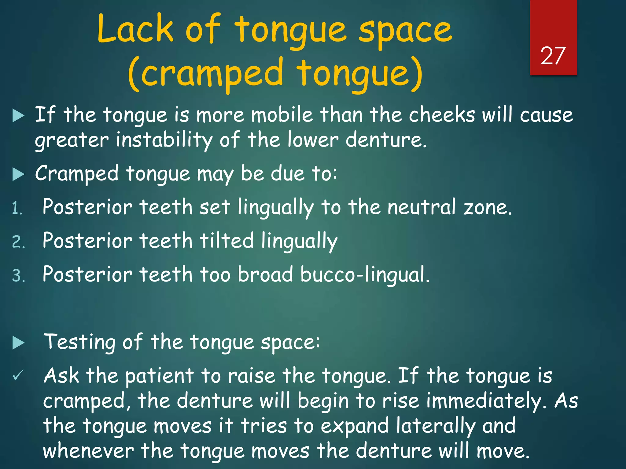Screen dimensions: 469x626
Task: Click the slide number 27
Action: [x=553, y=56]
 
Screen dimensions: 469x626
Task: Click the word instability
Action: [x=164, y=140]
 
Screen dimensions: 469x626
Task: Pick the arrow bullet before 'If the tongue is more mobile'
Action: [x=18, y=116]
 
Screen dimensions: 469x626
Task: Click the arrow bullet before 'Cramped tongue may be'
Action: [x=18, y=174]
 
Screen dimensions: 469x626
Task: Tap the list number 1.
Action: [x=17, y=209]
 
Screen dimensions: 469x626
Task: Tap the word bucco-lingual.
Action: [x=365, y=274]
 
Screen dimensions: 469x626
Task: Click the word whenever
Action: [x=88, y=451]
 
